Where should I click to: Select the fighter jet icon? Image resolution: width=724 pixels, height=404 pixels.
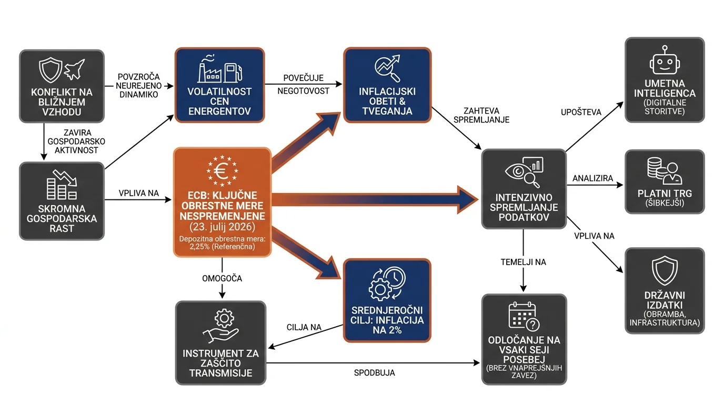pos(74,69)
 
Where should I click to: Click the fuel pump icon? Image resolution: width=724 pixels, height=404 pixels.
pos(233,73)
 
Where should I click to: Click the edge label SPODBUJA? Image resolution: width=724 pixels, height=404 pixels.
pos(374,372)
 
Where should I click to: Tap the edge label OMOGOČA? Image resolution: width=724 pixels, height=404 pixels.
pos(222,278)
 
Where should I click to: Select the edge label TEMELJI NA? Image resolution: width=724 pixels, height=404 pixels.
pos(524,262)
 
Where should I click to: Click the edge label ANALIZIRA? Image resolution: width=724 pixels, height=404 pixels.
pos(593,178)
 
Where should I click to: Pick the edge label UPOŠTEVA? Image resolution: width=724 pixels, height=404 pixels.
pos(581,112)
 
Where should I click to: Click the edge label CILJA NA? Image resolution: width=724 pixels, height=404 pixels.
pos(304,327)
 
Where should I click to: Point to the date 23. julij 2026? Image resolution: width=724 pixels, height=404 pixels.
pos(223,227)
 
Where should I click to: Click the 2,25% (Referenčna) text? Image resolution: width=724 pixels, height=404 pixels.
pos(223,247)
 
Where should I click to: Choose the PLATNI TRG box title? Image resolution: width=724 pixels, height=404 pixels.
pos(665,194)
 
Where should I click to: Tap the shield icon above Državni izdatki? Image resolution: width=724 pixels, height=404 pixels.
pos(665,270)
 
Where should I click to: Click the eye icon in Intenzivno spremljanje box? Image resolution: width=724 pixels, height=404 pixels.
pos(518,171)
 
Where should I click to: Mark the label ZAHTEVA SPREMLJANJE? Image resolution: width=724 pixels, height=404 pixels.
pos(481,115)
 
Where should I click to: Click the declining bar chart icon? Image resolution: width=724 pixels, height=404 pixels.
pos(62,185)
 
